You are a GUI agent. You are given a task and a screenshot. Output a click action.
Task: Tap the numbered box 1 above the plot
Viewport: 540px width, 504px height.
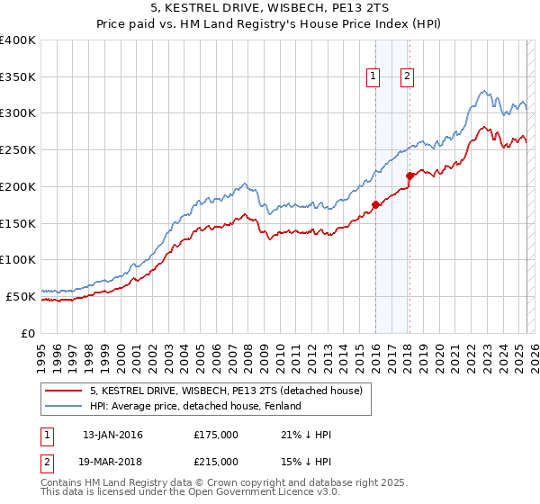tap(373, 77)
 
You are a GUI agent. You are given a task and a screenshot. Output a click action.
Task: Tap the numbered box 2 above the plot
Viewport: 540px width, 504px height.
tap(408, 77)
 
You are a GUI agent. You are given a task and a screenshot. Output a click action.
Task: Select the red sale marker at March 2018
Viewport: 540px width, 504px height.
tap(409, 175)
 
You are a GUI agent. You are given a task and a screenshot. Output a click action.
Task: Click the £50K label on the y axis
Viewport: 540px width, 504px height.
tap(22, 296)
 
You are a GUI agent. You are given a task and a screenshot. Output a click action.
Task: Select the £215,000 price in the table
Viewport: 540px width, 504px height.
tap(216, 461)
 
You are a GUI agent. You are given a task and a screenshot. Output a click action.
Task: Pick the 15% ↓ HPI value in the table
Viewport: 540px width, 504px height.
tap(306, 461)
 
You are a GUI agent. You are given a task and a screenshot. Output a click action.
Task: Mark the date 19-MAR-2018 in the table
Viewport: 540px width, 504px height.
tap(113, 461)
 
